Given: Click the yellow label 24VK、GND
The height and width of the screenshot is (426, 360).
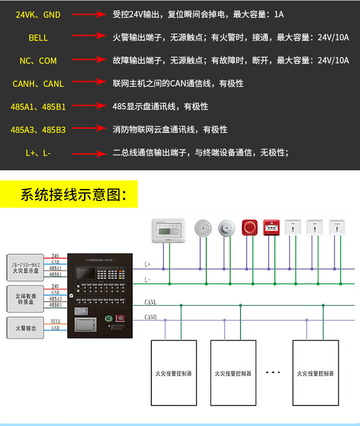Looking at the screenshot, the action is tap(38, 15).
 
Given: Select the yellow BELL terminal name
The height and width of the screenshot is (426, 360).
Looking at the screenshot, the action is tap(38, 38).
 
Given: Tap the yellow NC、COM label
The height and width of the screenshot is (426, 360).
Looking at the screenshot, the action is tap(38, 60).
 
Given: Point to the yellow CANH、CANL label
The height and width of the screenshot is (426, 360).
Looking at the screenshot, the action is tap(38, 83).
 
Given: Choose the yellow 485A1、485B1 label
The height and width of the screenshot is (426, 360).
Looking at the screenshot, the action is tap(38, 106).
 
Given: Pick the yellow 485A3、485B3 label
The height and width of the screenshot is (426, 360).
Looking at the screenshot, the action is tap(38, 130).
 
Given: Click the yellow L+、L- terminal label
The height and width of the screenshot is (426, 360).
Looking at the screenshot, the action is tap(38, 153).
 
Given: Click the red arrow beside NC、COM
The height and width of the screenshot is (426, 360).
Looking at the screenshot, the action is tap(88, 60).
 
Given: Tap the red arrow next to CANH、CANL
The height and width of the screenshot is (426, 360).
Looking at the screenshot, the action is tap(88, 83).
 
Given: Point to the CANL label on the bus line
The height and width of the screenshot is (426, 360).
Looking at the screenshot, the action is tap(151, 303).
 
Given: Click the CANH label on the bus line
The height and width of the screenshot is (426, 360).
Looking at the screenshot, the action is tap(151, 317).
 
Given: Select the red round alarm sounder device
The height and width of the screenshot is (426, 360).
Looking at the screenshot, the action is tap(249, 227).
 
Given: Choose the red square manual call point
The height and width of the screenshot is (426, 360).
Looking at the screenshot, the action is tap(271, 227).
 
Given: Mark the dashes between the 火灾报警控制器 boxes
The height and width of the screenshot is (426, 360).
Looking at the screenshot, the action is tap(273, 373).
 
